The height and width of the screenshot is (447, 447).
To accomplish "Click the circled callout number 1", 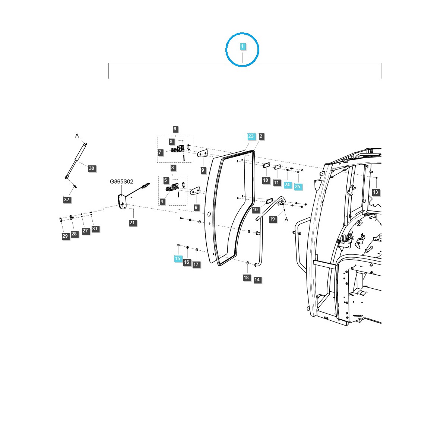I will (x=242, y=47).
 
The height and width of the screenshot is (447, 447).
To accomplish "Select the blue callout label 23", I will (x=251, y=136).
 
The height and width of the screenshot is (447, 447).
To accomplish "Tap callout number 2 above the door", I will (x=261, y=136).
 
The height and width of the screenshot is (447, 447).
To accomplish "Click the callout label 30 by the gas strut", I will (x=92, y=168).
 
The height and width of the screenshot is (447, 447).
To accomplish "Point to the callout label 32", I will (x=67, y=200).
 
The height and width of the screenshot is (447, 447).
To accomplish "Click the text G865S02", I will (x=121, y=182).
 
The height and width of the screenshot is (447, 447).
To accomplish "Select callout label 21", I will (x=133, y=223).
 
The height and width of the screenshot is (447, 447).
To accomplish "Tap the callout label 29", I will (x=65, y=236).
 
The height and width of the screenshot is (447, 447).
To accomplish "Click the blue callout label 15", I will (x=178, y=259).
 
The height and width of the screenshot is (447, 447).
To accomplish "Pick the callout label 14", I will (x=257, y=280).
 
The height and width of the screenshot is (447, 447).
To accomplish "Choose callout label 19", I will (x=273, y=219).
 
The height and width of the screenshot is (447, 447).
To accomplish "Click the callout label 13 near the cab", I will (x=375, y=192).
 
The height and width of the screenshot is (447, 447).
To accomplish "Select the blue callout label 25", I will (x=298, y=187).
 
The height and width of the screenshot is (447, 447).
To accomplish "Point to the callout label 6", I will (x=175, y=129).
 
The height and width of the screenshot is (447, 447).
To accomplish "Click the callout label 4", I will (x=162, y=202).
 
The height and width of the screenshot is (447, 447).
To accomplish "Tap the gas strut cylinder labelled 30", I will (x=76, y=160).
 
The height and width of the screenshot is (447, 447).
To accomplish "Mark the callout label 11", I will (x=276, y=183).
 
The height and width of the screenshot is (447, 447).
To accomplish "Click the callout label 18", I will (x=246, y=278).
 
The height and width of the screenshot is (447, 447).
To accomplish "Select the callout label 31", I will (x=95, y=229).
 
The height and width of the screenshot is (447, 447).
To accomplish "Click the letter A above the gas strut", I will (x=77, y=136).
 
